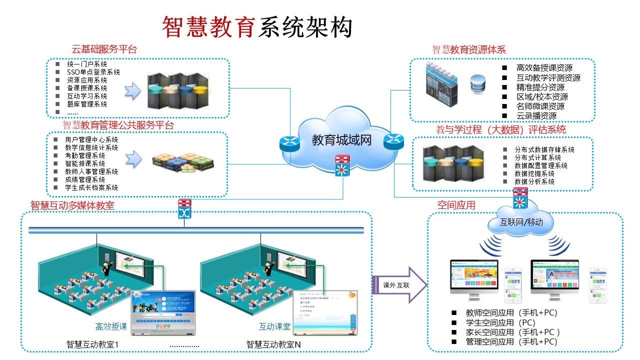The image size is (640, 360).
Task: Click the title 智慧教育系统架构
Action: pos(257,27)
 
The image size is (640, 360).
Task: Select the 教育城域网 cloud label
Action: pos(342,140)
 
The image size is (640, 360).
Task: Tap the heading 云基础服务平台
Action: pos(104,49)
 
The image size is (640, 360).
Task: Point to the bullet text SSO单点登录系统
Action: pos(93,72)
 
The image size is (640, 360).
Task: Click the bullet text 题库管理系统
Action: pos(86,104)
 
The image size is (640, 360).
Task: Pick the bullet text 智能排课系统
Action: pos(85,163)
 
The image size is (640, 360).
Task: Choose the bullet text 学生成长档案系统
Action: pos(91,187)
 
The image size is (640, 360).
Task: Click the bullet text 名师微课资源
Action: pos(540,106)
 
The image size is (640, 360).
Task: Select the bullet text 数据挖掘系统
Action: pos(534,173)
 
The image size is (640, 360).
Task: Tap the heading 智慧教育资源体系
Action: pos(469,49)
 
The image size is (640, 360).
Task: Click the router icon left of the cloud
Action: pos(289,144)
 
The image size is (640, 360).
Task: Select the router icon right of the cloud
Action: pos(393,141)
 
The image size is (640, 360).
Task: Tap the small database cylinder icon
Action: pos(478,83)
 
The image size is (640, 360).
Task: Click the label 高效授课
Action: pos(111,327)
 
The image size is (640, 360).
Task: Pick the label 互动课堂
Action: pos(274,327)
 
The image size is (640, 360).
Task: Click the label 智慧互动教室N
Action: pos(273,344)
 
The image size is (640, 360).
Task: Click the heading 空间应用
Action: pos(456,205)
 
